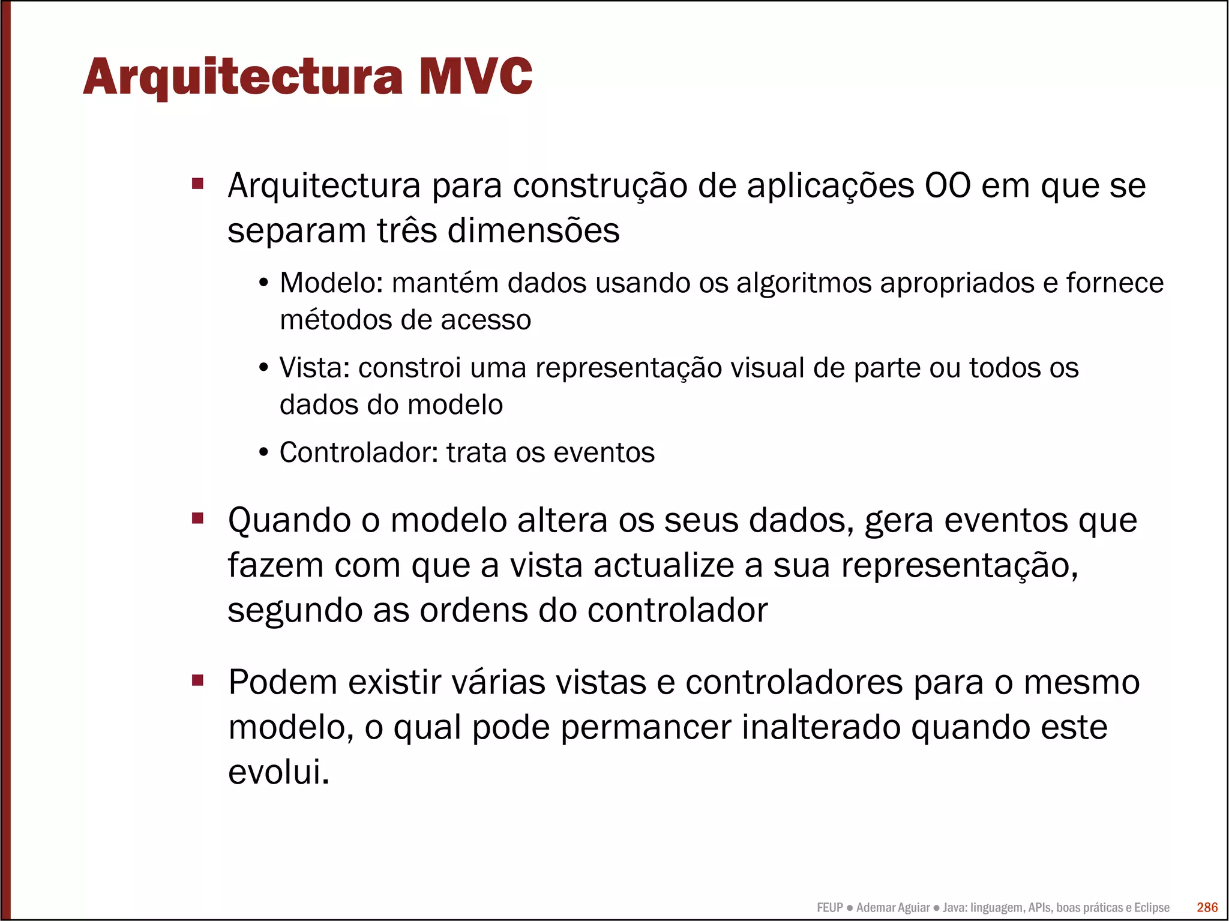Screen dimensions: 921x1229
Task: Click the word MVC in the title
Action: (475, 76)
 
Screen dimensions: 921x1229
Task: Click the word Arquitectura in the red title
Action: (243, 77)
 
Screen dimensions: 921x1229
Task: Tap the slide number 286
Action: (1207, 907)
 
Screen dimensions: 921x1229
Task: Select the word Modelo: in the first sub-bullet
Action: (331, 283)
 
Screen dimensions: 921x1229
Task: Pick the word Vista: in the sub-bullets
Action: (314, 368)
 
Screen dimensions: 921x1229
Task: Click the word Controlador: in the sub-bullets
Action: (359, 452)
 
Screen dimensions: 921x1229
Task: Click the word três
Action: (407, 230)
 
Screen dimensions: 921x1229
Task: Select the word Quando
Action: (289, 520)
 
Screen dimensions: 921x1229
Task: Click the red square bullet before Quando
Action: (198, 518)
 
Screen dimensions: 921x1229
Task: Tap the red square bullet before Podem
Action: (198, 680)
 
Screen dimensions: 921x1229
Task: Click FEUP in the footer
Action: (829, 908)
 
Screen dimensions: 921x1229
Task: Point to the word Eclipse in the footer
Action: (1151, 908)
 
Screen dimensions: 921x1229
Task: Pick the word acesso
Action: (486, 320)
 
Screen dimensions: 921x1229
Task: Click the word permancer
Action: (646, 727)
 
